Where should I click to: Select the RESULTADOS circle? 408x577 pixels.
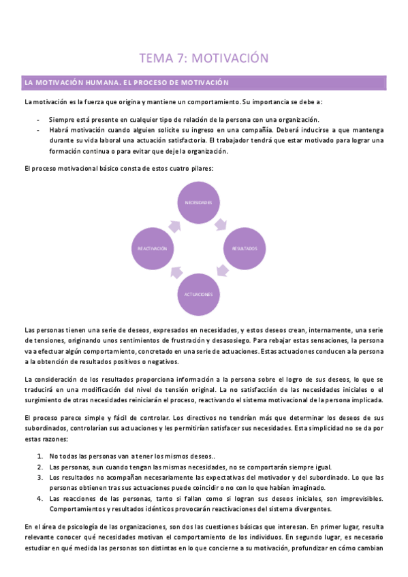pos(244,248)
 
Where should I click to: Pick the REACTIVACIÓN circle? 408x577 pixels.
pos(153,248)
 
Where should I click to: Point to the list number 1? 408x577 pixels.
pos(40,456)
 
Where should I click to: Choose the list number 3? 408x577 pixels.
pos(40,478)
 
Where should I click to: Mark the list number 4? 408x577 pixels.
pos(40,499)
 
